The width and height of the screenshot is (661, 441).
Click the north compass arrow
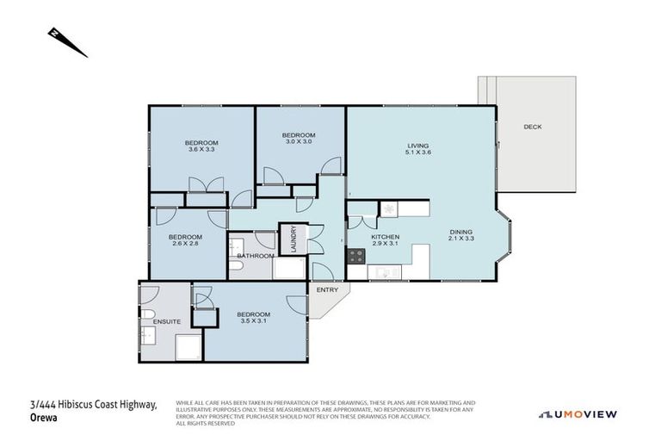coord(66,42)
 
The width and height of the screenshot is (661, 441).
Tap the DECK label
coord(532,127)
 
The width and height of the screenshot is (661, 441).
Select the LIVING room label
coord(417,146)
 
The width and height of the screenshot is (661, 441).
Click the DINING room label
coord(461,232)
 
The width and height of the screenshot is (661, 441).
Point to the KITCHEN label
coord(384,237)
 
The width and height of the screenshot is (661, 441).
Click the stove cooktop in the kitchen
coord(356,256)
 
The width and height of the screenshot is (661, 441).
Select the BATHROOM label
coord(256,256)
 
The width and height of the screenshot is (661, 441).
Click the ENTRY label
coord(327,289)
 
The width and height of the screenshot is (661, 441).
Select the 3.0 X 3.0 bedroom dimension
coord(299,143)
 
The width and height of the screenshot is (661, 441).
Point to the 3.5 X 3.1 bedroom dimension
coord(253,321)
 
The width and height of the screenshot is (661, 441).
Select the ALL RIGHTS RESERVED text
coord(206,423)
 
